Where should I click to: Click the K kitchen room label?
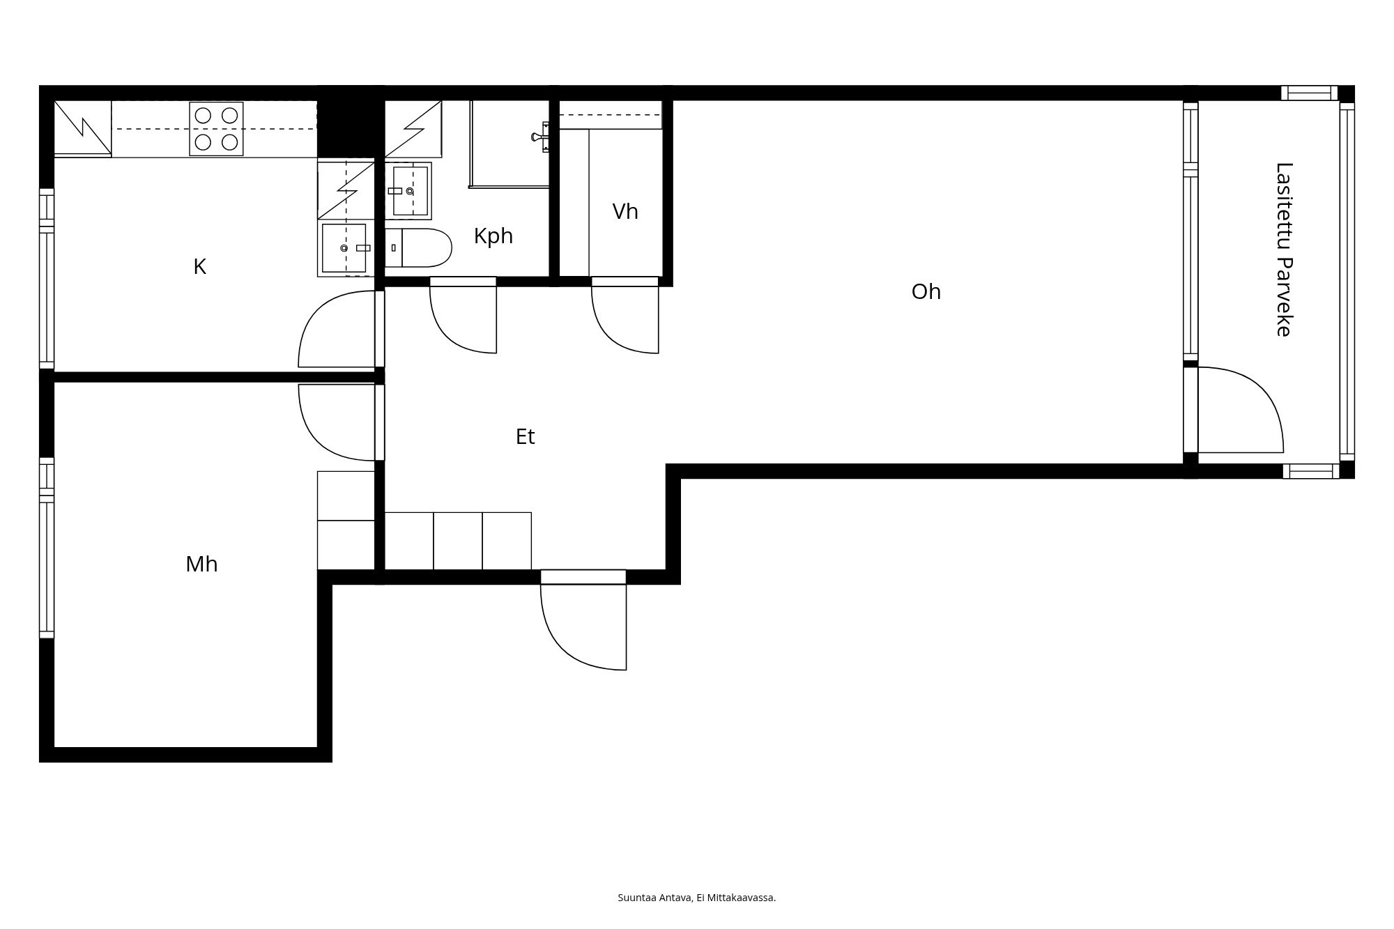[x=199, y=267]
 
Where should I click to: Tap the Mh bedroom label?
[x=201, y=564]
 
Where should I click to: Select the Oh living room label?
[x=926, y=291]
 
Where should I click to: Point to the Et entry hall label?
[x=525, y=436]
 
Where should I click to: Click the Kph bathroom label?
[x=493, y=236]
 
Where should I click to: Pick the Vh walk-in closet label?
[x=625, y=211]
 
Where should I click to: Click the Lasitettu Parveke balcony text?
[x=1283, y=249]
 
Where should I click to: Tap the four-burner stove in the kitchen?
[x=216, y=129]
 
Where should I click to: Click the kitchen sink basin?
[x=344, y=247]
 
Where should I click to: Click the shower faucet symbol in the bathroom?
[x=540, y=137]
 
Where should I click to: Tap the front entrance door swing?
[x=584, y=627]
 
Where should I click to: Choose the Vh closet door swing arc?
[x=624, y=321]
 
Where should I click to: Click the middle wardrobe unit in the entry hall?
[x=458, y=541]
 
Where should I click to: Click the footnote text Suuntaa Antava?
[x=654, y=898]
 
